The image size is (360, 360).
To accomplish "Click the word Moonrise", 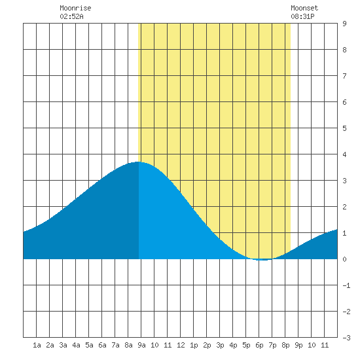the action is [75, 8].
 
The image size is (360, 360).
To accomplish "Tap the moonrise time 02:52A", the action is [71, 16].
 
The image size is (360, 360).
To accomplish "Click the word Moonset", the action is [304, 8].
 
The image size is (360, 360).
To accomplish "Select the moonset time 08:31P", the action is [302, 16].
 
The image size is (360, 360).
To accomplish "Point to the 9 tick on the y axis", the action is [344, 24].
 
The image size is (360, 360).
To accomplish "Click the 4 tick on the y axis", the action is [344, 154].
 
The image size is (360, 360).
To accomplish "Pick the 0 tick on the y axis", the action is [344, 259].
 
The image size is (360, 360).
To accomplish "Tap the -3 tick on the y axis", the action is [346, 338].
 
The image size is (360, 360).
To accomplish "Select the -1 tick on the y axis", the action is [346, 285].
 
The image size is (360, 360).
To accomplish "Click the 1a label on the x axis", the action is [37, 345].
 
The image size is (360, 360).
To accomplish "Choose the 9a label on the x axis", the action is [141, 345].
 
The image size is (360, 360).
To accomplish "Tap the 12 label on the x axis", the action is [181, 345].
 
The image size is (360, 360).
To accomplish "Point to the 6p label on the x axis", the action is [259, 345].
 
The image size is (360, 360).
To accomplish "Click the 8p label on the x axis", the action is [285, 345].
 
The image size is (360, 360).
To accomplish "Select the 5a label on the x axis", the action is [89, 345].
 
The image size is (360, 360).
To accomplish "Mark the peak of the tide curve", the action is [138, 162].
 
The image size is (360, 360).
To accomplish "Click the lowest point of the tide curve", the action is [264, 260].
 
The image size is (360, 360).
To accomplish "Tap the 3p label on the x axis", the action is [220, 345].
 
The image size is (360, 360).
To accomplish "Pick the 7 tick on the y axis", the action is [344, 76].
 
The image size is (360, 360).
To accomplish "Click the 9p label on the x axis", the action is [298, 345].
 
